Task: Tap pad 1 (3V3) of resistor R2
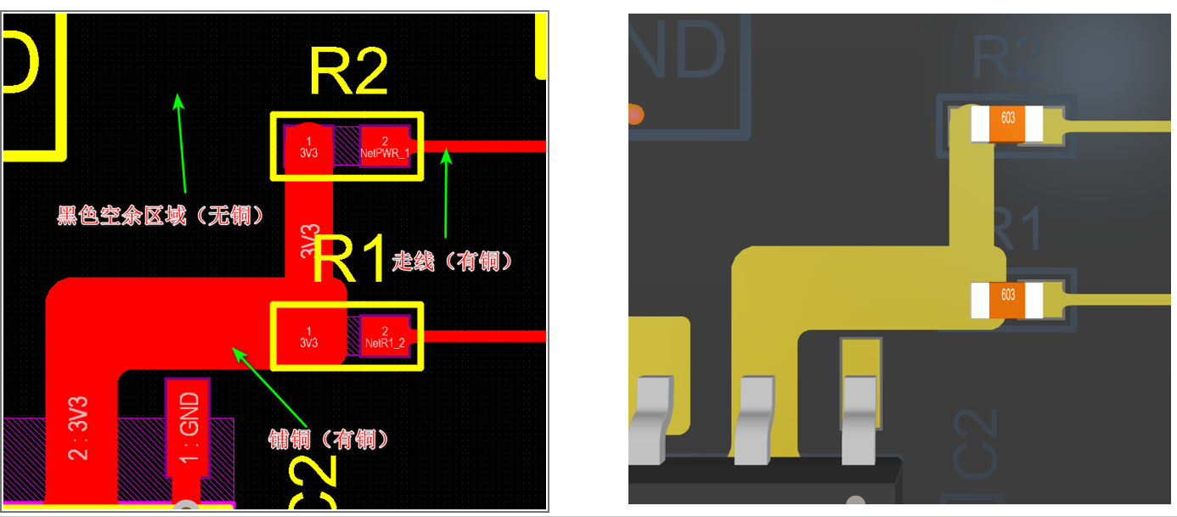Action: (x=308, y=146)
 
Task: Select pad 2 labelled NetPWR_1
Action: (x=385, y=147)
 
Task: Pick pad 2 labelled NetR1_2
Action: (x=385, y=336)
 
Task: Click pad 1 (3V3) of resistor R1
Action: (x=308, y=336)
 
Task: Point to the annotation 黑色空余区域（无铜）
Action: (x=160, y=216)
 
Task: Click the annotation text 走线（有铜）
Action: (x=453, y=261)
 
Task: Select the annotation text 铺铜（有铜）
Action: (x=329, y=439)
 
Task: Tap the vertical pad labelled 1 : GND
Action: (x=189, y=427)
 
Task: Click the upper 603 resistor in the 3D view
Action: (x=1007, y=124)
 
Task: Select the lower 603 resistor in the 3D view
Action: (x=1007, y=300)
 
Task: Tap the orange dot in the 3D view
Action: (x=634, y=112)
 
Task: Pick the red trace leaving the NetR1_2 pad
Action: (x=484, y=336)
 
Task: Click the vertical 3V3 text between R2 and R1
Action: (x=310, y=241)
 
